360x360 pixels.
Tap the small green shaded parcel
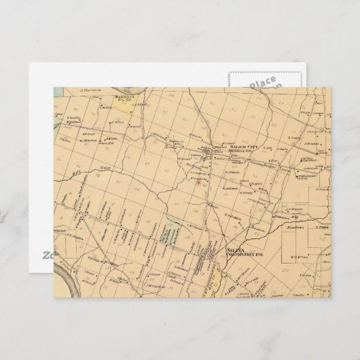tap(174, 225)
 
